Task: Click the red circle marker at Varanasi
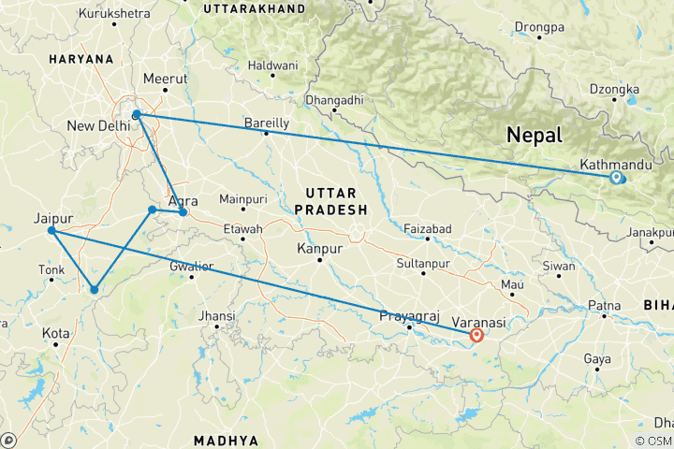[x=476, y=335]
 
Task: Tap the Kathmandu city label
[x=616, y=165]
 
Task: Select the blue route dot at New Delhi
[x=137, y=115]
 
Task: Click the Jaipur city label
[x=53, y=217]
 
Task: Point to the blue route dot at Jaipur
[x=51, y=230]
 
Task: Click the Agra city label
[x=183, y=200]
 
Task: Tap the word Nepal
[x=535, y=135]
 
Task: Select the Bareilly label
[x=267, y=123]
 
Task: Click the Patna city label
[x=604, y=306]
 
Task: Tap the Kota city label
[x=55, y=333]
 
